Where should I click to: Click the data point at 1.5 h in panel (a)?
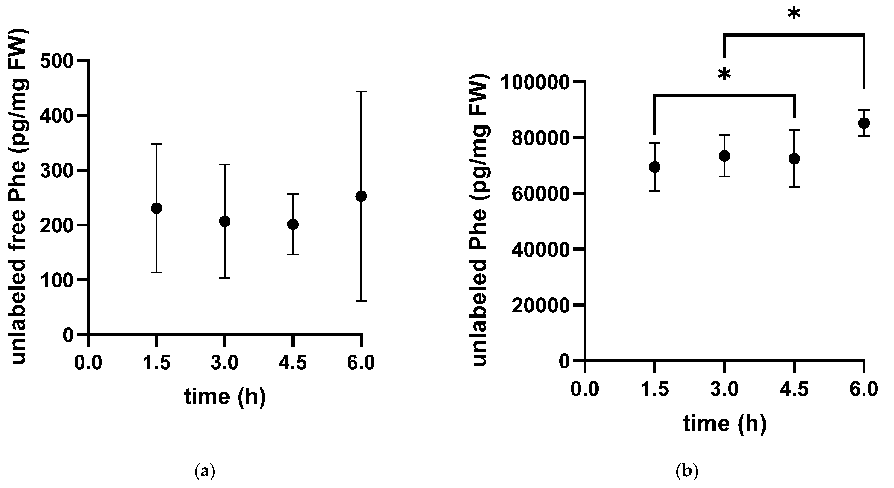(x=157, y=208)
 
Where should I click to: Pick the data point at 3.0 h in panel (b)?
(x=724, y=156)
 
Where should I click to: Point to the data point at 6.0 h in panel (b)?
(x=864, y=123)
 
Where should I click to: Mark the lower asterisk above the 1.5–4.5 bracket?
(x=725, y=75)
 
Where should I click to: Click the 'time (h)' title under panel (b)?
(x=725, y=424)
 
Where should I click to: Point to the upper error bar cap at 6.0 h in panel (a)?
(x=361, y=91)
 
